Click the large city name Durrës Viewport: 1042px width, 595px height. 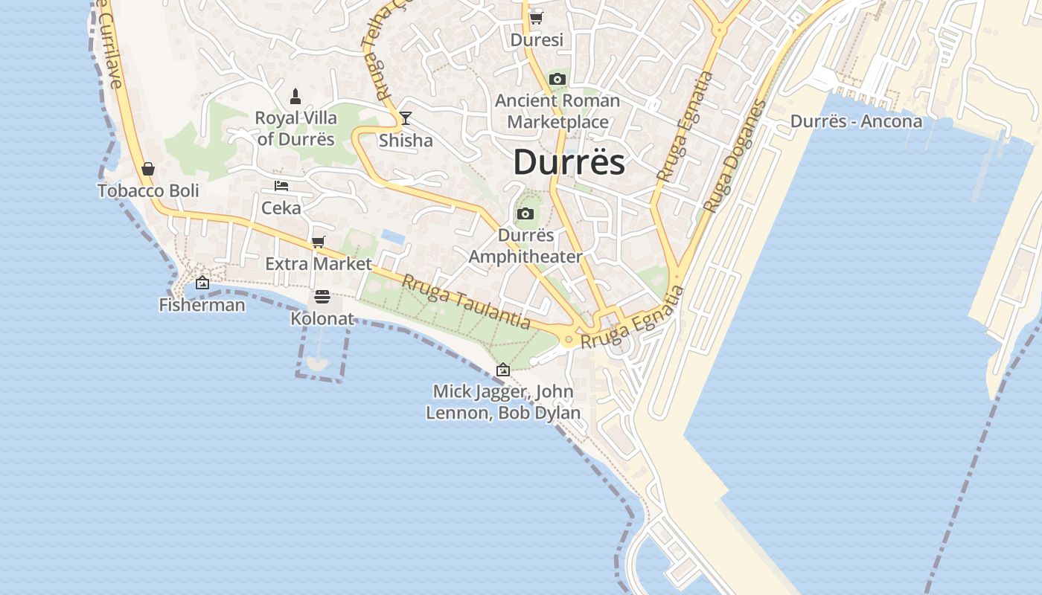(x=569, y=162)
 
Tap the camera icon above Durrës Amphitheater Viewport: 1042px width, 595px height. (x=525, y=214)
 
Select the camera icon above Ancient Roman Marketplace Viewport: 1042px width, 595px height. (x=557, y=79)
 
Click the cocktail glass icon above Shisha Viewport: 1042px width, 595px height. (x=405, y=118)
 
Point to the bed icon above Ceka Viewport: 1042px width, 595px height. (x=281, y=186)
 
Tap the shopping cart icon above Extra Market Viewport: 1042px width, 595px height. (x=319, y=242)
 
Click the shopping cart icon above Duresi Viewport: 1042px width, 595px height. (x=536, y=18)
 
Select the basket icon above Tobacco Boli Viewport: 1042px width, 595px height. (x=148, y=169)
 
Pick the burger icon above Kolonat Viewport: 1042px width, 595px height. (x=322, y=297)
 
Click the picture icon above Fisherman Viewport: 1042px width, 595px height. (x=202, y=283)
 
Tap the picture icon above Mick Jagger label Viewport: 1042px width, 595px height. (x=503, y=369)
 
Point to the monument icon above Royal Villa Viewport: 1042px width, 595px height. (x=295, y=96)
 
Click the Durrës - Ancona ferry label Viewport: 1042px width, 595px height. (x=856, y=121)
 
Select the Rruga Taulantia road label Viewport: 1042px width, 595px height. (x=466, y=302)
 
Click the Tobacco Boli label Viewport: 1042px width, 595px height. (x=148, y=190)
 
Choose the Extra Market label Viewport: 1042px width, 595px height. (x=319, y=263)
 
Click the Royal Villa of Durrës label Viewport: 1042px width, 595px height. (x=295, y=128)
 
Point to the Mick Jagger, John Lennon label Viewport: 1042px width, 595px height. (x=503, y=402)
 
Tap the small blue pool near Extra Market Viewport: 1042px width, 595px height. (x=393, y=237)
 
